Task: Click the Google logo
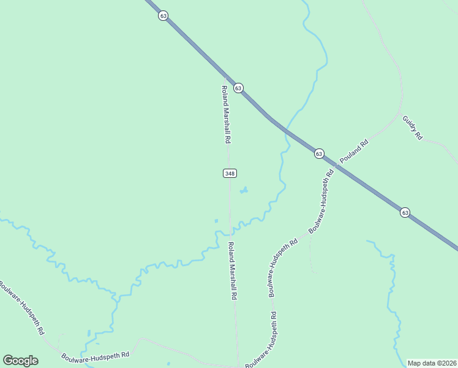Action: [x=20, y=361]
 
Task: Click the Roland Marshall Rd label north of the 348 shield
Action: [x=226, y=113]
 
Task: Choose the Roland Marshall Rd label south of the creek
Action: [x=233, y=270]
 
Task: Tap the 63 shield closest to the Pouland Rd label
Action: [x=319, y=153]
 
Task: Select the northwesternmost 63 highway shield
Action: [x=163, y=16]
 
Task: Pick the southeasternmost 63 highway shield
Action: [x=405, y=212]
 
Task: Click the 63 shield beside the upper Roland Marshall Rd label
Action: [x=238, y=88]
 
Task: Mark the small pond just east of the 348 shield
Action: [x=244, y=191]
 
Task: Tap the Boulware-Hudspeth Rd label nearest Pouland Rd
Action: [x=321, y=201]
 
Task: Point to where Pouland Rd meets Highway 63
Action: [x=337, y=166]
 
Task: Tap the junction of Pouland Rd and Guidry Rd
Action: [x=401, y=115]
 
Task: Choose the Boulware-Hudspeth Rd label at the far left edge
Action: [x=21, y=307]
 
